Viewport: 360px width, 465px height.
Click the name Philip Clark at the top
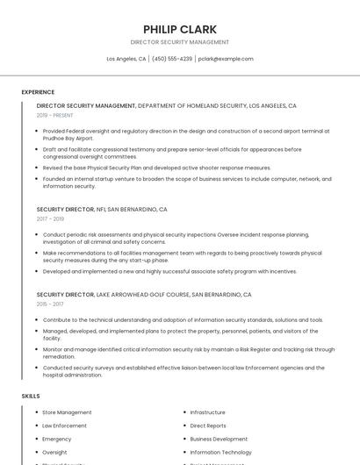coord(179,29)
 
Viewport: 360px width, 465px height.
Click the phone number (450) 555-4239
coord(172,59)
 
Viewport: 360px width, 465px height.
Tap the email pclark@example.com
coord(226,59)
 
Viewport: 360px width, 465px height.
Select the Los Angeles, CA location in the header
coord(126,59)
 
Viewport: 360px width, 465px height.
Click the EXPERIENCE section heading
coord(38,92)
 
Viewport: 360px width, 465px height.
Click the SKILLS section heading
coord(31,397)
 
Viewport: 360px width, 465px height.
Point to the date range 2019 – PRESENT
coord(54,115)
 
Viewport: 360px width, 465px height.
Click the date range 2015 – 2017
coord(50,304)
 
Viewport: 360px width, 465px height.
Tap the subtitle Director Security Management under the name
coord(179,42)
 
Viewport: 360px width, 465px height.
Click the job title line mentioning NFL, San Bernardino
coord(102,210)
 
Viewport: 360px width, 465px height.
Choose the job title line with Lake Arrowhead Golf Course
coord(144,295)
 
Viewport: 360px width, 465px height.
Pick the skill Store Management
coord(67,412)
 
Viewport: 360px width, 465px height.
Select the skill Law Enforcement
coord(64,426)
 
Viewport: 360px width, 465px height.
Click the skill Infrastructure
coord(207,412)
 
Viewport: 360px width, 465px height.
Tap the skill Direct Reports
coord(208,426)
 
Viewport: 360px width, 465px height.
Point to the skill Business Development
coord(219,439)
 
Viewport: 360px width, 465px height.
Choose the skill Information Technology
coord(221,453)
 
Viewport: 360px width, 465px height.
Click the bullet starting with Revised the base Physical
coord(156,168)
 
